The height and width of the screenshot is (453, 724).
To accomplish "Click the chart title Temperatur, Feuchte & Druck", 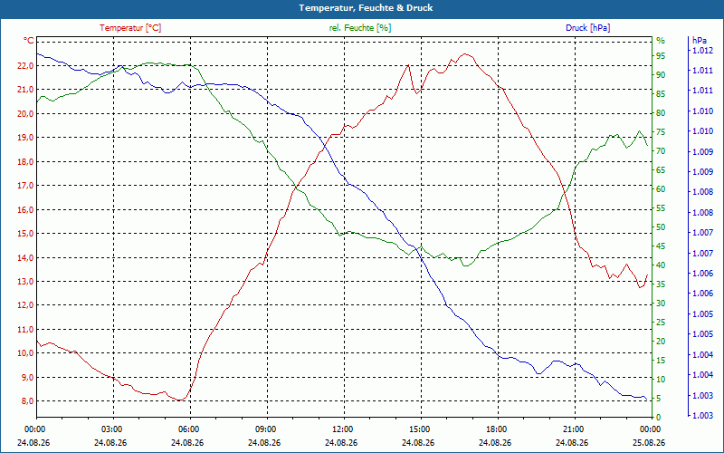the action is (366, 8).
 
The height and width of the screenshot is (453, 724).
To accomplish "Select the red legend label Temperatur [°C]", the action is (130, 28).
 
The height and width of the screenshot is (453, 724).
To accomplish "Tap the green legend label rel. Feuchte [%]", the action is (359, 28).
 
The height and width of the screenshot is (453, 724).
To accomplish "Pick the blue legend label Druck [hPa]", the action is (587, 28).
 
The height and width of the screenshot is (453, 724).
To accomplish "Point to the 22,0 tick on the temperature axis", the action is (25, 65).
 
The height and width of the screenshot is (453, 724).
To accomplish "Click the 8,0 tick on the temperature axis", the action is (27, 400).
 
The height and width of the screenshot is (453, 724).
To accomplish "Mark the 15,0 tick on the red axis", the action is (25, 234).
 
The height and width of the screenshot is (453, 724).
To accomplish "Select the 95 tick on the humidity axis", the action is (661, 56).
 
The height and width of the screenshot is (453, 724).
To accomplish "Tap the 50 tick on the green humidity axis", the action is (661, 227).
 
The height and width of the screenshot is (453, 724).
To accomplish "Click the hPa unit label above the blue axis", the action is (699, 41).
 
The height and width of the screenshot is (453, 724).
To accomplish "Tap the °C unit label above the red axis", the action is (28, 41).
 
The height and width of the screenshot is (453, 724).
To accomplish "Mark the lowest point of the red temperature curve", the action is (179, 400).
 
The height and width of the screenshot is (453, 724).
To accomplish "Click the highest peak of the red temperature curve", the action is (465, 53).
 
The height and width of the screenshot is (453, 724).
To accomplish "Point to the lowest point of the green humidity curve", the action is (465, 265).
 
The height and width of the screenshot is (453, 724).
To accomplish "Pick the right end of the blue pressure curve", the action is (647, 400).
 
